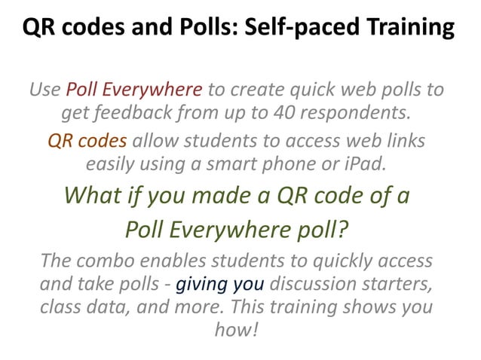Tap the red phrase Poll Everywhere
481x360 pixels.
click(134, 91)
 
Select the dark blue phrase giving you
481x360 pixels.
click(219, 285)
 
